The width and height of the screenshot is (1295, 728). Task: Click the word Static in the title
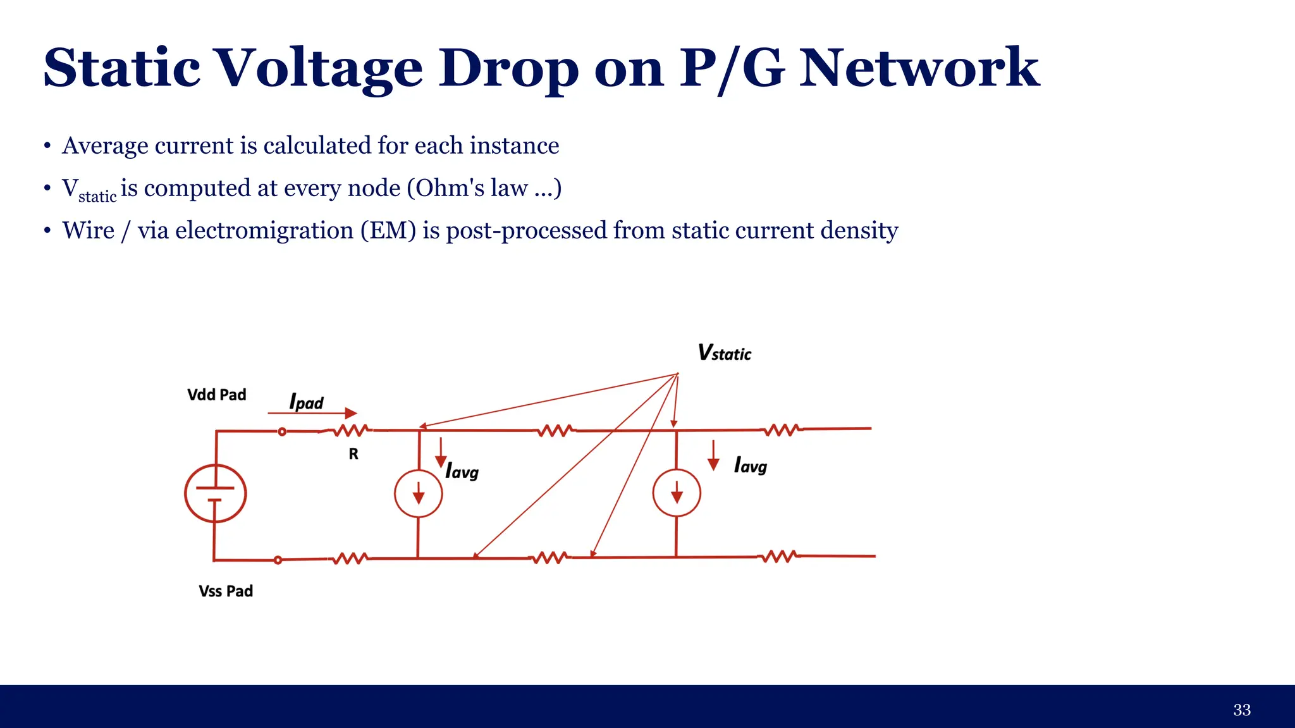122,68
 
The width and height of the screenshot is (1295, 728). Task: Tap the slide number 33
1241,710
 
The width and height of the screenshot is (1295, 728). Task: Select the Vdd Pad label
216,395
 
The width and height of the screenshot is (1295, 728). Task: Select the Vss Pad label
226,591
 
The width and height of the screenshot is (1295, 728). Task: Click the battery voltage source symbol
215,493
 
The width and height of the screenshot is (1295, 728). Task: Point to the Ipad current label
306,402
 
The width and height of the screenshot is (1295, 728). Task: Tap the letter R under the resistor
353,453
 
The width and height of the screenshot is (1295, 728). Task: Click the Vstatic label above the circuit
724,353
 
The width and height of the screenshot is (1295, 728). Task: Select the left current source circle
418,493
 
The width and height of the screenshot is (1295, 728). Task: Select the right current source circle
677,493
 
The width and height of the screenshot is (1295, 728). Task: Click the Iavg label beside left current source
462,471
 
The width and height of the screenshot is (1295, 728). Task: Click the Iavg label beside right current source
751,466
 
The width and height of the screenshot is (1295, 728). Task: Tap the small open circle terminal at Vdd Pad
282,431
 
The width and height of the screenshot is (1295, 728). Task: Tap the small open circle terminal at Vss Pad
278,560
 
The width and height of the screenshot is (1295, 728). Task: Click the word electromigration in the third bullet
264,230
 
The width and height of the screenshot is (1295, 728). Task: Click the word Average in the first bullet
105,145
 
